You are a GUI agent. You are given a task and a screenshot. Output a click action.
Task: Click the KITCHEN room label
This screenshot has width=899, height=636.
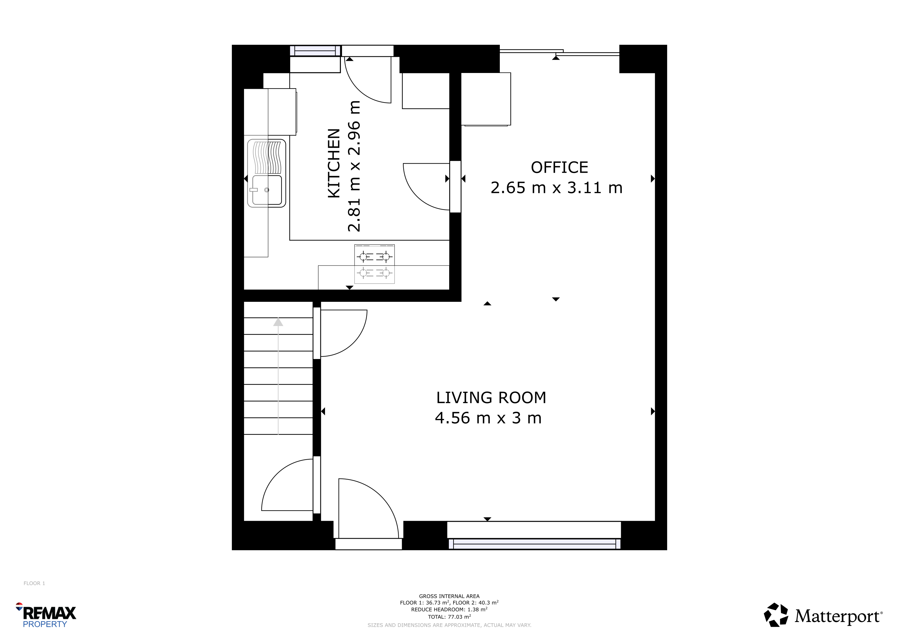334,163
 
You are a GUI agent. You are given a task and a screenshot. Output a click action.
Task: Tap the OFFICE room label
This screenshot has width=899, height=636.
559,168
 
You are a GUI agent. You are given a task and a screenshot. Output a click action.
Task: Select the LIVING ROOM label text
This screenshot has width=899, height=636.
491,398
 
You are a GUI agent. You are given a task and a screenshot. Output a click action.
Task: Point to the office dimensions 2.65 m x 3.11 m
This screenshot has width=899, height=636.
556,188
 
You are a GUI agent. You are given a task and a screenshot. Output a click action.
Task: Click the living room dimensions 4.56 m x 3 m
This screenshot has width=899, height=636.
488,418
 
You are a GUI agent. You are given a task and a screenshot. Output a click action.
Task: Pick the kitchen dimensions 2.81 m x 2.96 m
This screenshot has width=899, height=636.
354,166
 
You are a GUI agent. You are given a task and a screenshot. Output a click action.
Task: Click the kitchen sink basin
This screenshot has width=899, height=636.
267,190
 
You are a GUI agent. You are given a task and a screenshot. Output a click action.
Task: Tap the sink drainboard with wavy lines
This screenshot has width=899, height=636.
267,157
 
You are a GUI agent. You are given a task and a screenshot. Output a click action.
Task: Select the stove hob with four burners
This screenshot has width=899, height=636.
374,264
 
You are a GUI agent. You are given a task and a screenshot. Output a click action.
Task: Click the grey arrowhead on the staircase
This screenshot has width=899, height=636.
278,322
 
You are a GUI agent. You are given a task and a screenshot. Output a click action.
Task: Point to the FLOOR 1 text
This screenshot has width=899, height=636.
34,583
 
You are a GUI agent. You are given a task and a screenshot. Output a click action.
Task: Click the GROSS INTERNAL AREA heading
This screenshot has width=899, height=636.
449,596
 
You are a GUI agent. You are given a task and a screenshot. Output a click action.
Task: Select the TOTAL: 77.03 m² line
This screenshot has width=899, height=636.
449,616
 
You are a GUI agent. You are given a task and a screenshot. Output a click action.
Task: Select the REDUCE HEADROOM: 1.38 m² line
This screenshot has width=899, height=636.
449,609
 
